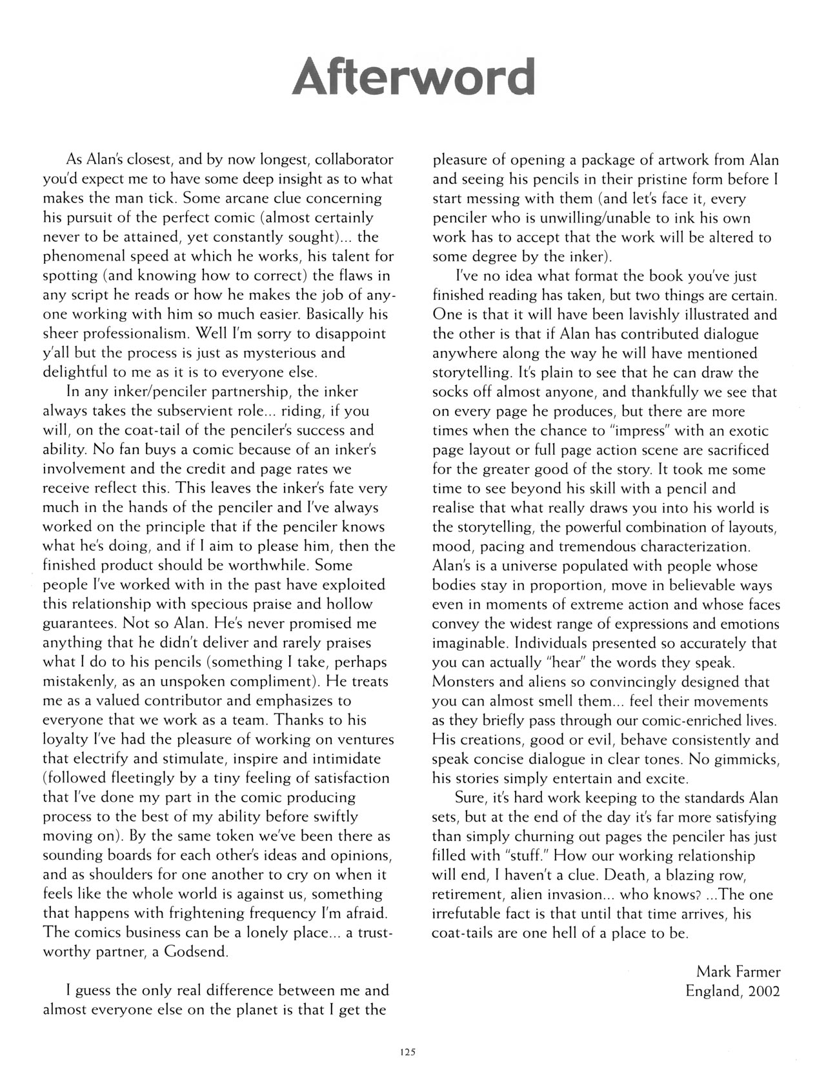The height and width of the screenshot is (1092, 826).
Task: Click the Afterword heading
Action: click(413, 76)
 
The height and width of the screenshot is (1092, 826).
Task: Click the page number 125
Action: click(406, 1051)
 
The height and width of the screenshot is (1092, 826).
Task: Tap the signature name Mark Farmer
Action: click(738, 971)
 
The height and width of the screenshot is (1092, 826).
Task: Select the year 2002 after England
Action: click(764, 991)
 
